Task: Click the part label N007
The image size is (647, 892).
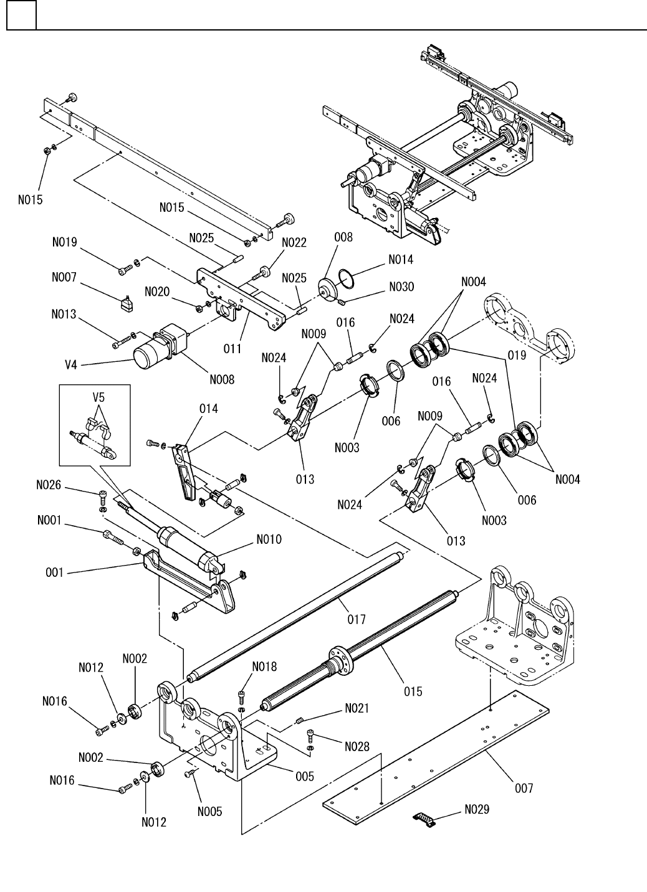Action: [x=64, y=277]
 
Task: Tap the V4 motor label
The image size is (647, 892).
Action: [x=70, y=365]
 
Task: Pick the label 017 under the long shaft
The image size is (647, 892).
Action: [x=356, y=619]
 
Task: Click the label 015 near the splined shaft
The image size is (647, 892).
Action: [x=413, y=691]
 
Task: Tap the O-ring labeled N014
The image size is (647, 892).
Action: [x=346, y=278]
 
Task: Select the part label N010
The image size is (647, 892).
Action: [x=269, y=539]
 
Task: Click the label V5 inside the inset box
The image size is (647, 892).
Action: [x=98, y=397]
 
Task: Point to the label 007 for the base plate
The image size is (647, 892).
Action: [x=524, y=788]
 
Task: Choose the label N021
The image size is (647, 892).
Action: [x=357, y=708]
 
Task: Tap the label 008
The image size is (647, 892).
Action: [x=343, y=237]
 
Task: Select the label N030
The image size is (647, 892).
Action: [x=401, y=287]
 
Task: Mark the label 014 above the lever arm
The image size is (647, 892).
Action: [x=208, y=409]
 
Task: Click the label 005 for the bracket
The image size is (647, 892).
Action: [x=304, y=776]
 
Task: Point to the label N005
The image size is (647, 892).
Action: [x=209, y=812]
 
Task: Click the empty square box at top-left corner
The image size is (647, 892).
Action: [x=22, y=15]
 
